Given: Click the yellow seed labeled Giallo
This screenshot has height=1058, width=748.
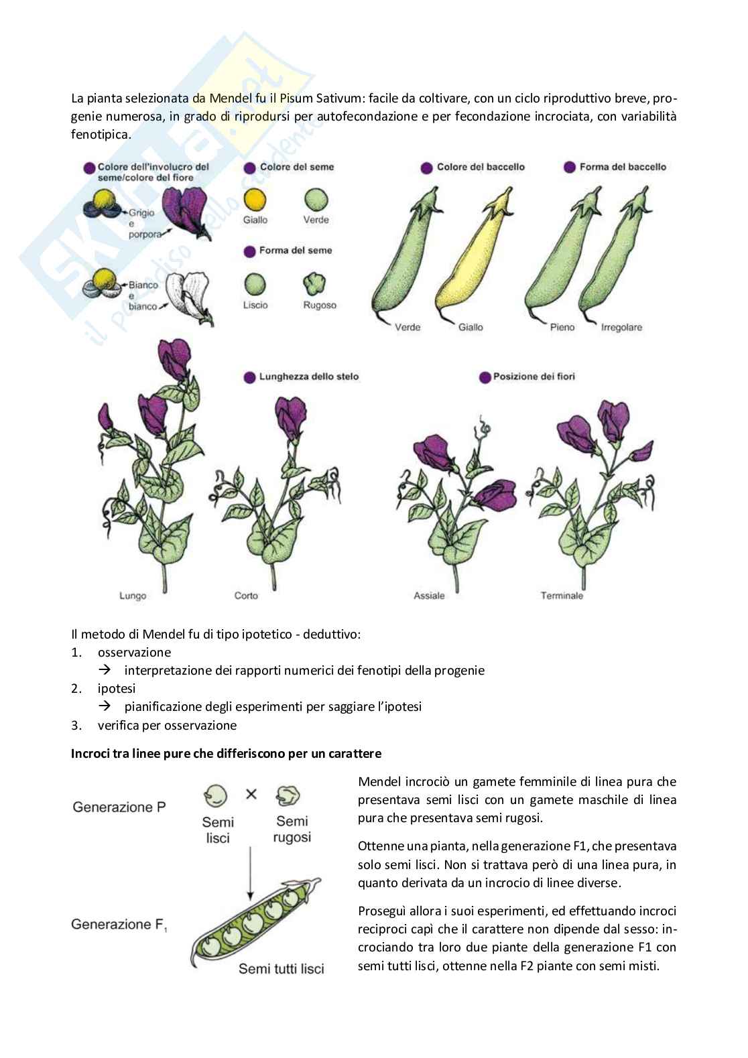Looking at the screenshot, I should pyautogui.click(x=255, y=199).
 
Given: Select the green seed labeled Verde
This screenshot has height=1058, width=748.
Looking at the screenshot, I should pyautogui.click(x=316, y=199).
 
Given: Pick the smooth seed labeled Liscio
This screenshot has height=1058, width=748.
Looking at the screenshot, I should pyautogui.click(x=255, y=284).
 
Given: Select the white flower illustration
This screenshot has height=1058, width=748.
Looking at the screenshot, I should pyautogui.click(x=188, y=295).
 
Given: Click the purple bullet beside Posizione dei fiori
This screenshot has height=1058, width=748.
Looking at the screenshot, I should pyautogui.click(x=485, y=377).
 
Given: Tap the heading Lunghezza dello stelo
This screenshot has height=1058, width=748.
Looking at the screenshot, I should pyautogui.click(x=309, y=377).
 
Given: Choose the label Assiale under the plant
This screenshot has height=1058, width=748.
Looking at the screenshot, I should pyautogui.click(x=429, y=595).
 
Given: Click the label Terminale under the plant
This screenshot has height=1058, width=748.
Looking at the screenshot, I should pyautogui.click(x=562, y=595).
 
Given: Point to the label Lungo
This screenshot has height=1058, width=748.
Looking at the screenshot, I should pyautogui.click(x=133, y=595).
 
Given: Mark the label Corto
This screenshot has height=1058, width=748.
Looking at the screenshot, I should pyautogui.click(x=246, y=595).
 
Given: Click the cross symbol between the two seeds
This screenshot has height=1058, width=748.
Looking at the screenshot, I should pyautogui.click(x=251, y=794).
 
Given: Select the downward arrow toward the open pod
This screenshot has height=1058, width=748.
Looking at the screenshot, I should pyautogui.click(x=249, y=871).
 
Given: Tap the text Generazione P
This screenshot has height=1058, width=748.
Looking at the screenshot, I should pyautogui.click(x=119, y=807).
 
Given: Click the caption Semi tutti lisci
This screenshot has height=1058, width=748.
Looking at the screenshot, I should pyautogui.click(x=282, y=969).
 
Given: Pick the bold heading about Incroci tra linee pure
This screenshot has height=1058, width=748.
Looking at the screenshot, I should pyautogui.click(x=227, y=754).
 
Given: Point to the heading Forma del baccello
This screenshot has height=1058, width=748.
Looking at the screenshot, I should pyautogui.click(x=623, y=167).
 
